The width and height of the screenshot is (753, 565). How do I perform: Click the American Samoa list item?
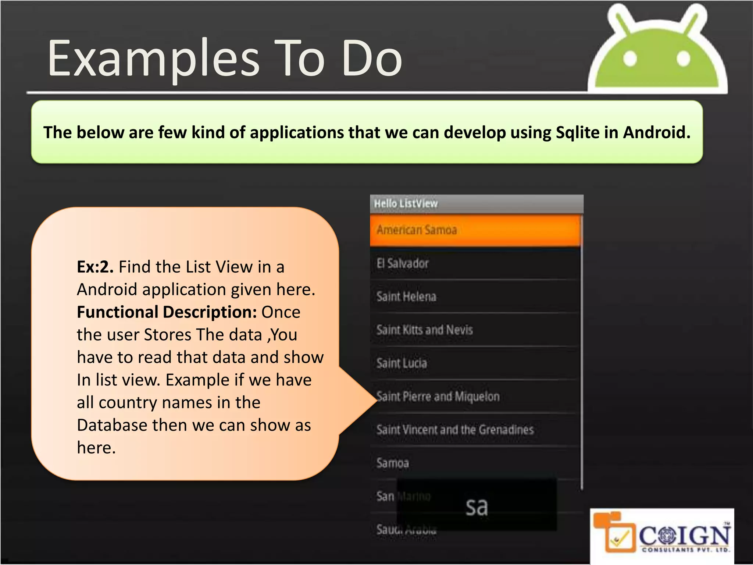coord(474,230)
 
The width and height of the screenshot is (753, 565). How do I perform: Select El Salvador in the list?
coord(474,263)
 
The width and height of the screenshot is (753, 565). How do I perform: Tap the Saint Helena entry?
coord(474,296)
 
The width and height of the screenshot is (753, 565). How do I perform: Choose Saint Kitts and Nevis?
coord(474,330)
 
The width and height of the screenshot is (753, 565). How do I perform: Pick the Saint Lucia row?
coord(474,363)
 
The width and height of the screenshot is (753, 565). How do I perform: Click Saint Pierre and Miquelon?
coord(474,397)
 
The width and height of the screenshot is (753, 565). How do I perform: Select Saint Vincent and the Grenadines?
coord(474,430)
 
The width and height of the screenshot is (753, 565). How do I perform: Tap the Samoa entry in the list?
coord(474,463)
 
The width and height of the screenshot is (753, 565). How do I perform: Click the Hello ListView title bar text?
coord(406,203)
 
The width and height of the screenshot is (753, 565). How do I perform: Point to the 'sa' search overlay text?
coord(477,507)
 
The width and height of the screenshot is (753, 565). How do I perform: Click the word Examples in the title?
coord(154,59)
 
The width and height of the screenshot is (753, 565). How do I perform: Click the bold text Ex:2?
coord(95,267)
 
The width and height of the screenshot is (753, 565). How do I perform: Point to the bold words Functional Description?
coord(167,312)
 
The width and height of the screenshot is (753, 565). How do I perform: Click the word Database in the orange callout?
coord(112,425)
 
